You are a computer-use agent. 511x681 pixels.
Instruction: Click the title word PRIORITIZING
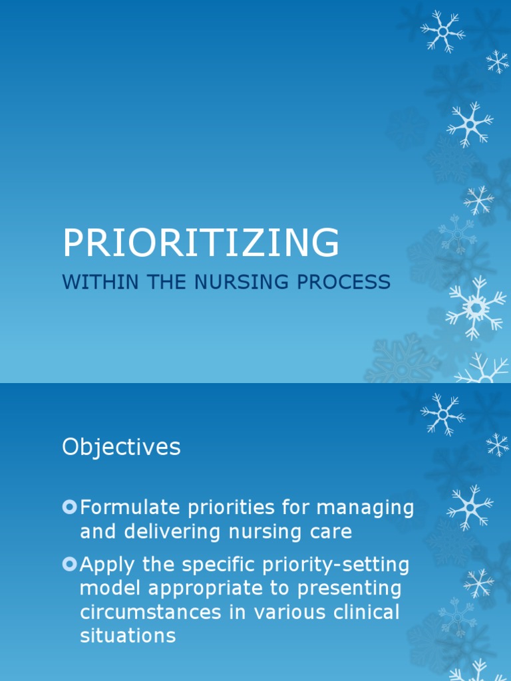pyautogui.click(x=201, y=243)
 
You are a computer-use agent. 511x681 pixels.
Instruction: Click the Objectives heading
pyautogui.click(x=121, y=448)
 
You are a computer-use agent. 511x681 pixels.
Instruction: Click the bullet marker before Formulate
pyautogui.click(x=69, y=508)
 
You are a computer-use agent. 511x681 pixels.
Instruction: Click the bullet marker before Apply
pyautogui.click(x=69, y=565)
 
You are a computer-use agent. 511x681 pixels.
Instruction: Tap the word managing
pyautogui.click(x=365, y=508)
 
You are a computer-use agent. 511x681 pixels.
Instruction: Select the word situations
pyautogui.click(x=128, y=635)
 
